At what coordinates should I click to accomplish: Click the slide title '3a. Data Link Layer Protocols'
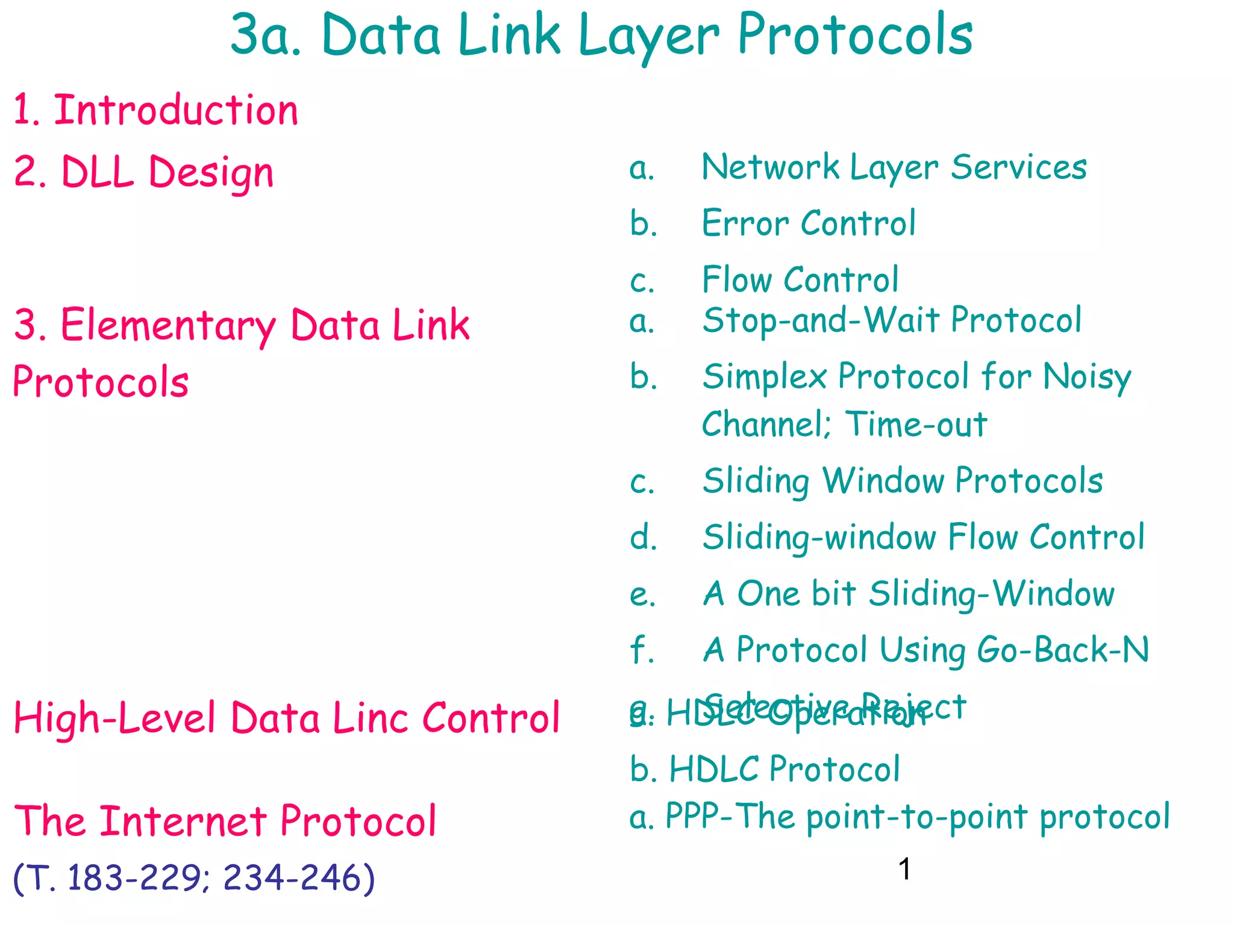click(601, 36)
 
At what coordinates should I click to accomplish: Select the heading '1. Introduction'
click(155, 111)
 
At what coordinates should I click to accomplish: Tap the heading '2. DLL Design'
click(143, 172)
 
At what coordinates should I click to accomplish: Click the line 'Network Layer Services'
click(894, 167)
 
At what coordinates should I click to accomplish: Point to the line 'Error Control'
click(809, 223)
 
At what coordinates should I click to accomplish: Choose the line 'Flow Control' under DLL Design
click(800, 280)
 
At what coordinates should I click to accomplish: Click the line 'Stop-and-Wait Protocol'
click(892, 320)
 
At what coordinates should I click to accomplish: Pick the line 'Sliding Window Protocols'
click(903, 481)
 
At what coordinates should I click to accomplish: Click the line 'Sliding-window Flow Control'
click(923, 537)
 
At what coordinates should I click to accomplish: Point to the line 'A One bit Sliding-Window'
click(909, 594)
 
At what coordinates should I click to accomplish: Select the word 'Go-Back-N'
click(1063, 650)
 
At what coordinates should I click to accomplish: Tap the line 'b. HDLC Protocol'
click(765, 770)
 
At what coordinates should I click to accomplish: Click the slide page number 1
click(904, 870)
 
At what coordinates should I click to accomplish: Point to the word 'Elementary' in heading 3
click(169, 326)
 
